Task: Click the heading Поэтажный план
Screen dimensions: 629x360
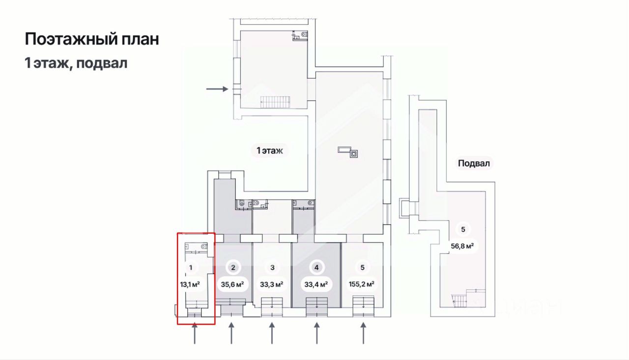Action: pyautogui.click(x=92, y=39)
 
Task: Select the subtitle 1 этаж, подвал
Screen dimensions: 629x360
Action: pyautogui.click(x=76, y=63)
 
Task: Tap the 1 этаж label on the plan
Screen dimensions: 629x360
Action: pyautogui.click(x=270, y=151)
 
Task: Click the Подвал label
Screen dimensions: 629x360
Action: pyautogui.click(x=474, y=164)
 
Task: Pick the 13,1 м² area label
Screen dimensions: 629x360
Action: pyautogui.click(x=191, y=284)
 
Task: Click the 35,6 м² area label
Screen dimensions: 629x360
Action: pyautogui.click(x=233, y=284)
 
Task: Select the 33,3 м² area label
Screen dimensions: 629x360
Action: pyautogui.click(x=272, y=284)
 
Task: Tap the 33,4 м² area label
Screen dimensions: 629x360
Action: pyautogui.click(x=316, y=284)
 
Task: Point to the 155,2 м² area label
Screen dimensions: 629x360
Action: pyautogui.click(x=362, y=284)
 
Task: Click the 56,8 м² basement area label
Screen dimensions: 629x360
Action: pyautogui.click(x=462, y=246)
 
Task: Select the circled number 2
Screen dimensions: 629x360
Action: pyautogui.click(x=233, y=268)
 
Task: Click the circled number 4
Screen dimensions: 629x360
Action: pyautogui.click(x=317, y=268)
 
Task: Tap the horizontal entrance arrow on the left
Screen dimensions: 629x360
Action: pyautogui.click(x=217, y=89)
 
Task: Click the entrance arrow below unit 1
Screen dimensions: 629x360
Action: pyautogui.click(x=195, y=333)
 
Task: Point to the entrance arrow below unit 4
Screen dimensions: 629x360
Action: pyautogui.click(x=317, y=333)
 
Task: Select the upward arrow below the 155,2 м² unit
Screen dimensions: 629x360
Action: pyautogui.click(x=363, y=333)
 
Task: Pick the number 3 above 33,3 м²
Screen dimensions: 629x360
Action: pyautogui.click(x=272, y=268)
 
